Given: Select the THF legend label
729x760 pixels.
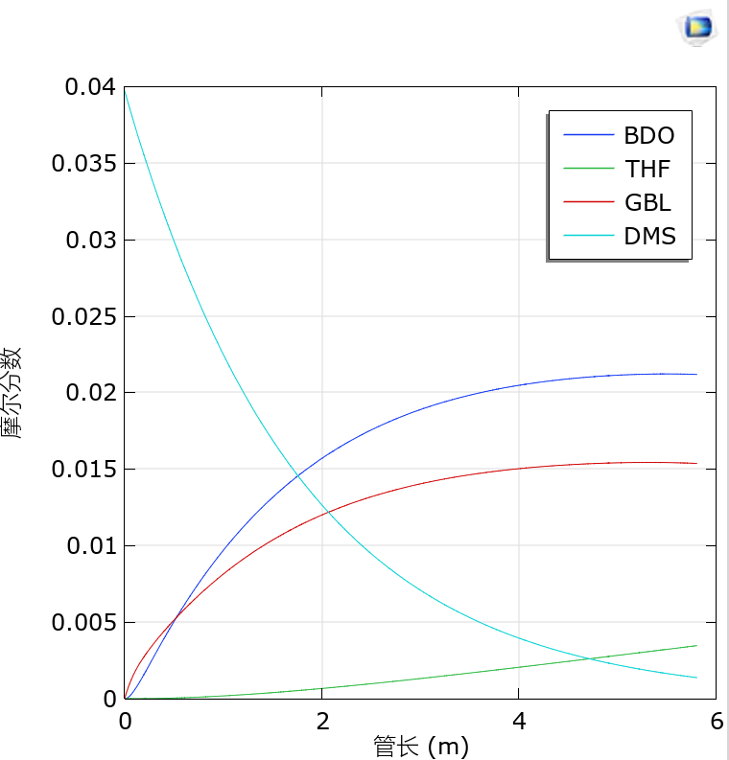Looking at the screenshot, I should click(x=647, y=170).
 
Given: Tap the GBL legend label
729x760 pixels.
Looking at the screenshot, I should click(x=647, y=203).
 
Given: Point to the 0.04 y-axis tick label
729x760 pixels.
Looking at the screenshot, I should click(x=89, y=87).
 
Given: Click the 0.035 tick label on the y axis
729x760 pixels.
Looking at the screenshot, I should click(x=83, y=164).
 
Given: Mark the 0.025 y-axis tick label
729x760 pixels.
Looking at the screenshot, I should click(x=83, y=316).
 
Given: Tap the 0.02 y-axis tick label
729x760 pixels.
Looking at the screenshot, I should click(x=89, y=393).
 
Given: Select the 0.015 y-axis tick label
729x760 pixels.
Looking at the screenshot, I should click(x=83, y=470).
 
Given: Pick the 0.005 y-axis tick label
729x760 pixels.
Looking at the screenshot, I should click(x=83, y=623).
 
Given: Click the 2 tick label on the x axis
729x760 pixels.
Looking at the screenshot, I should click(x=322, y=722).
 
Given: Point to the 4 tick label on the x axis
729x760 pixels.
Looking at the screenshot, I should click(x=519, y=722).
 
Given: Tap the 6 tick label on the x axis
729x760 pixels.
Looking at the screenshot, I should click(x=716, y=722).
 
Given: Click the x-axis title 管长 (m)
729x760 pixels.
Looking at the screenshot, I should click(x=421, y=746).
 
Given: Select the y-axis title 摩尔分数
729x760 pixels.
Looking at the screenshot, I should click(x=12, y=393).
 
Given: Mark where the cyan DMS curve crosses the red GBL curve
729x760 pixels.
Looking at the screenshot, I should click(x=329, y=512).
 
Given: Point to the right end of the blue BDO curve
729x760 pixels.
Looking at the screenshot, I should click(x=695, y=374).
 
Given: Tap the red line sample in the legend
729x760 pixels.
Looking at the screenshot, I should click(x=587, y=203).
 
